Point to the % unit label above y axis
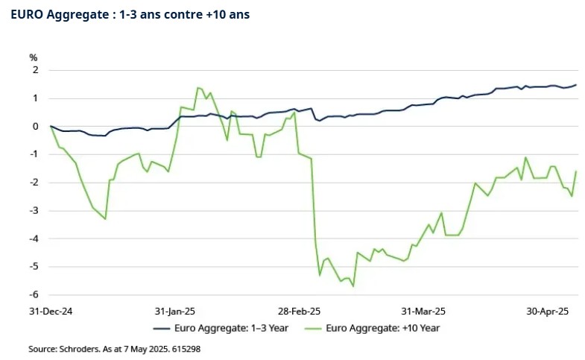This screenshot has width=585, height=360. click(x=33, y=57)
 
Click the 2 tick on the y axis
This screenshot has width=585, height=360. click(x=34, y=70)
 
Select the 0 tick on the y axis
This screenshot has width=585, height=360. click(x=34, y=126)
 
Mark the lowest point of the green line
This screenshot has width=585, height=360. click(x=353, y=286)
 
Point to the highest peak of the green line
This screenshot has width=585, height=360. click(x=197, y=88)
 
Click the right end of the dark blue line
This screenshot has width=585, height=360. click(x=576, y=84)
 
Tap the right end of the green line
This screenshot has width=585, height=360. click(x=576, y=171)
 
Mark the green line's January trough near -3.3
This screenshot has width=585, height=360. click(x=105, y=219)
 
